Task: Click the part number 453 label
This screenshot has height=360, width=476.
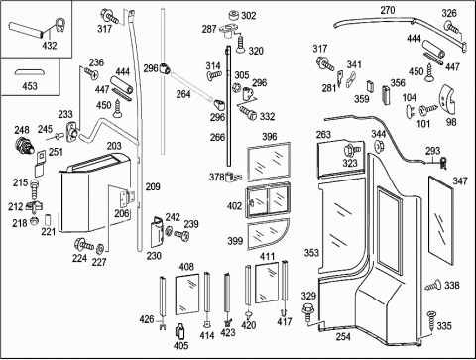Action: pyautogui.click(x=30, y=86)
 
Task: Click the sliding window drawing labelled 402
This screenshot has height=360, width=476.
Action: pyautogui.click(x=268, y=200)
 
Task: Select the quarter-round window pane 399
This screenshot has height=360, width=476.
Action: pyautogui.click(x=267, y=234)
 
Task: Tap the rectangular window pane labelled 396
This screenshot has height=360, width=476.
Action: pyautogui.click(x=269, y=162)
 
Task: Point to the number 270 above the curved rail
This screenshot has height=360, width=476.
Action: pyautogui.click(x=388, y=11)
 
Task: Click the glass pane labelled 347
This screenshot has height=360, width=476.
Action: pyautogui.click(x=440, y=220)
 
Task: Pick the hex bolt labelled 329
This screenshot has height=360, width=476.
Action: pyautogui.click(x=307, y=312)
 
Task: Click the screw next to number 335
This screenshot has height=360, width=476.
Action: pyautogui.click(x=431, y=320)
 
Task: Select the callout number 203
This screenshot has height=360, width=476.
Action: pyautogui.click(x=114, y=146)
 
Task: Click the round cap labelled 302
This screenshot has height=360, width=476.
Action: pyautogui.click(x=234, y=16)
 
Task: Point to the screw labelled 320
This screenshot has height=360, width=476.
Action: pyautogui.click(x=241, y=45)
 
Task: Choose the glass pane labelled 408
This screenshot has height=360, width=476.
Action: pyautogui.click(x=187, y=294)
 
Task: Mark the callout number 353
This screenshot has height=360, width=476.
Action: pyautogui.click(x=311, y=253)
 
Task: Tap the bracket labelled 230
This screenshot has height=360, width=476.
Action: pyautogui.click(x=158, y=232)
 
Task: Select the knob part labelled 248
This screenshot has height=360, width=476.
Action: pyautogui.click(x=25, y=145)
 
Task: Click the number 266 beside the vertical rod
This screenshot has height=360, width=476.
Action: pyautogui.click(x=217, y=137)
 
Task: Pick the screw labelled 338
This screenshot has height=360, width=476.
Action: pyautogui.click(x=433, y=286)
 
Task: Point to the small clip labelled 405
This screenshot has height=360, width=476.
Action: pyautogui.click(x=180, y=331)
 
